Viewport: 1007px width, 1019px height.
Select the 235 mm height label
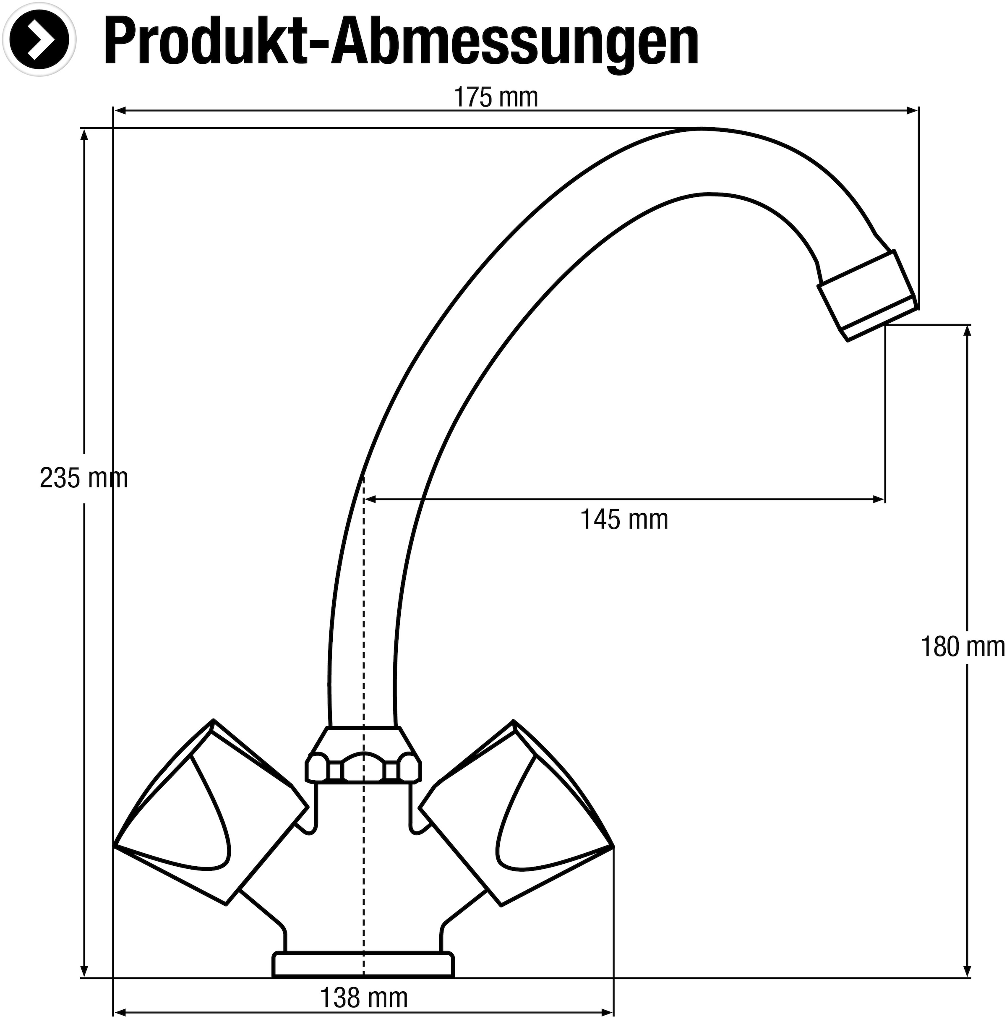pyautogui.click(x=84, y=478)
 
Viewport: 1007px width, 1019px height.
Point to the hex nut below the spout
pyautogui.click(x=363, y=755)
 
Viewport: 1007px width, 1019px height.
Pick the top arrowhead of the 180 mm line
pyautogui.click(x=967, y=331)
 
